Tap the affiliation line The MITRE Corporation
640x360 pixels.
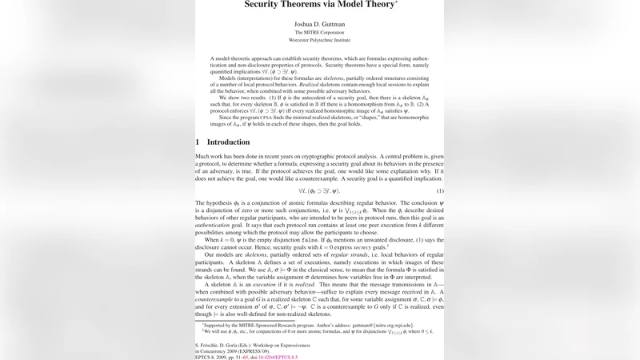pyautogui.click(x=319, y=34)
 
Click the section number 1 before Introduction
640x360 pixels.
pyautogui.click(x=198, y=142)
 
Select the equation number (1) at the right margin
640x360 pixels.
pyautogui.click(x=440, y=191)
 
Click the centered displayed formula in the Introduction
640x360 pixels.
pyautogui.click(x=319, y=191)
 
